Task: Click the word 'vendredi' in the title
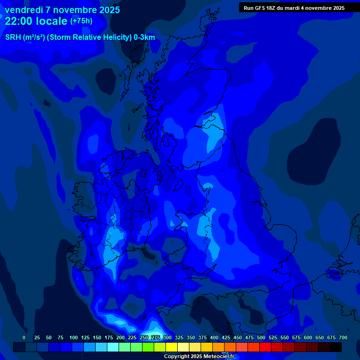pyautogui.click(x=23, y=9)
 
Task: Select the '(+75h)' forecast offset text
pyautogui.click(x=81, y=21)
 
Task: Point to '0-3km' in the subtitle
pyautogui.click(x=144, y=37)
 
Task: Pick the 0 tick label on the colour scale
pyautogui.click(x=24, y=337)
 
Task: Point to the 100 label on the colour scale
pyautogui.click(x=74, y=337)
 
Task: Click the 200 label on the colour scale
pyautogui.click(x=120, y=337)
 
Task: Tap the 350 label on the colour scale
pyautogui.click(x=191, y=337)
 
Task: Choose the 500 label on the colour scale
pyautogui.click(x=261, y=337)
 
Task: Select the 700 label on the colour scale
pyautogui.click(x=343, y=337)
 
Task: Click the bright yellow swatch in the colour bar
pyautogui.click(x=172, y=347)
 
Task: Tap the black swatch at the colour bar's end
pyautogui.click(x=336, y=347)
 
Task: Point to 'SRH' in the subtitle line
pyautogui.click(x=13, y=37)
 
